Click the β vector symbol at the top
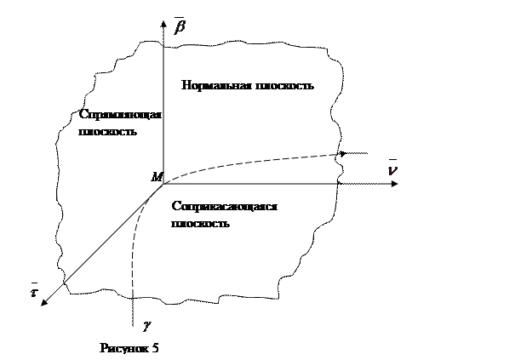180,31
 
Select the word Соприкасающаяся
225,207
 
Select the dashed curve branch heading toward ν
255,162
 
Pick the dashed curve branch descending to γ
136,247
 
